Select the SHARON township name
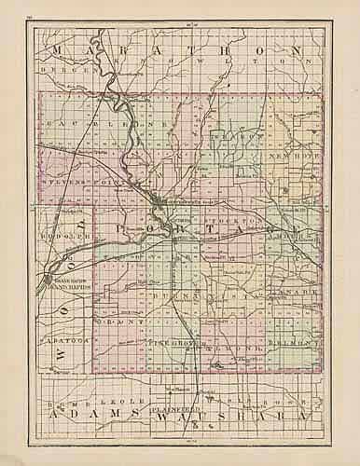230,135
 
